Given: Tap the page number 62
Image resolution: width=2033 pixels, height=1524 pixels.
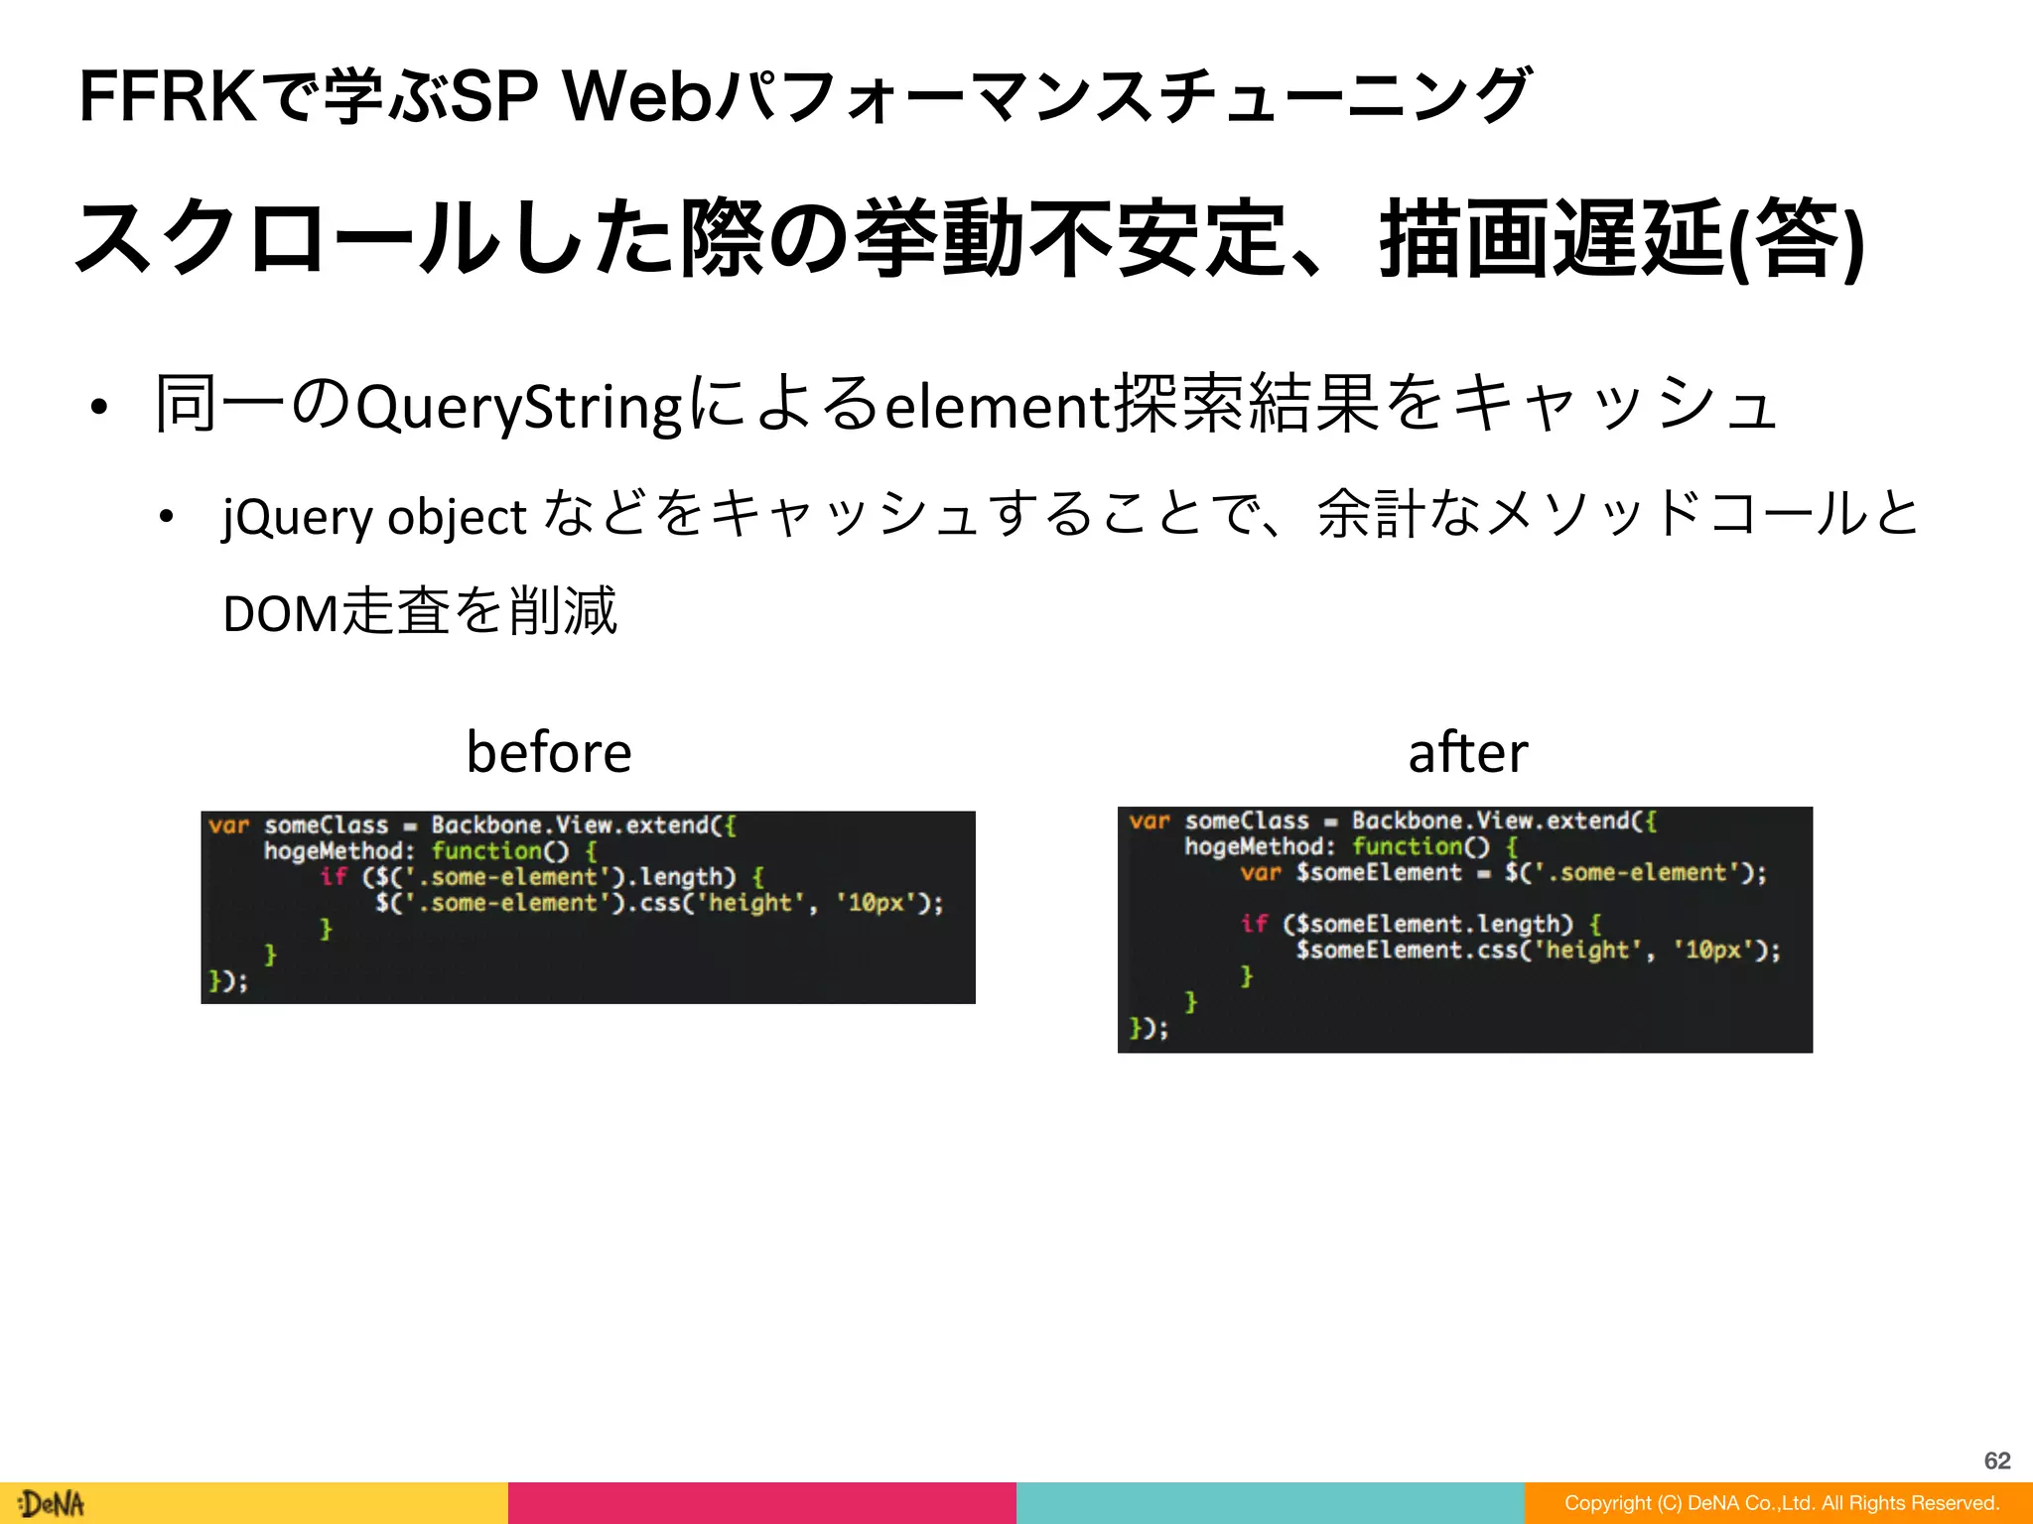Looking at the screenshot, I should click(1997, 1460).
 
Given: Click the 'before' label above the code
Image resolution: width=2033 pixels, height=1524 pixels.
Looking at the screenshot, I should click(549, 751).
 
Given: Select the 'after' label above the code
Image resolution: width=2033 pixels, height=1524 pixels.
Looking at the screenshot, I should click(1467, 751).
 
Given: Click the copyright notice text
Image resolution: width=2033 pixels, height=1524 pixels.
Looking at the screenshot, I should click(1781, 1503).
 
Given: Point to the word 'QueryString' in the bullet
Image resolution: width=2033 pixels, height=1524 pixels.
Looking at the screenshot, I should click(518, 407).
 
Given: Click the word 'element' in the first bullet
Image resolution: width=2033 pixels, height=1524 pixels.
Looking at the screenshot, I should click(997, 407).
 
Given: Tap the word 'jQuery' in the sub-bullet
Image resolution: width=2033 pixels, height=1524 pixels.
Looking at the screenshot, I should click(297, 516).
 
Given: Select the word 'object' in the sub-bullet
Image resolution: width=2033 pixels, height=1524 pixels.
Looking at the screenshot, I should click(457, 516).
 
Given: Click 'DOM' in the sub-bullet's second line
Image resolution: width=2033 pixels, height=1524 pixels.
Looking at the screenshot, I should click(281, 613).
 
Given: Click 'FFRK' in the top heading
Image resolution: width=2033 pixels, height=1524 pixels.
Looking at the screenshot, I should click(167, 97).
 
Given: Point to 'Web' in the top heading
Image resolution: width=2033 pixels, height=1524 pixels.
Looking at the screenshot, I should click(636, 97).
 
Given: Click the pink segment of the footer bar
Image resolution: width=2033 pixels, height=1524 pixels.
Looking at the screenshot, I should click(762, 1503).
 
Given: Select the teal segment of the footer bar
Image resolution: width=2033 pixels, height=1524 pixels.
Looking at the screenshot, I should click(1271, 1503).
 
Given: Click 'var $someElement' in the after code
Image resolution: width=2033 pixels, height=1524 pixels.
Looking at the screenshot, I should click(1351, 873).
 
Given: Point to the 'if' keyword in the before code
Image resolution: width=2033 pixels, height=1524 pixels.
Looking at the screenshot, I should click(334, 877).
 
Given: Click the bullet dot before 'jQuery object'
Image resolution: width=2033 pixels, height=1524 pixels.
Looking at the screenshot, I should click(166, 517).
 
